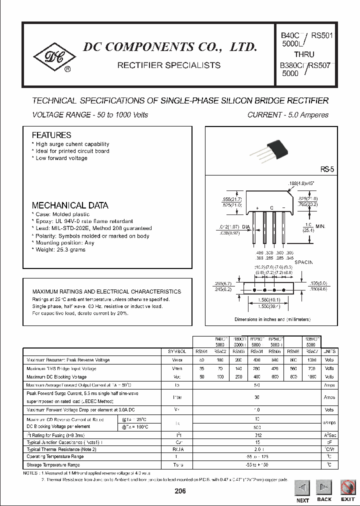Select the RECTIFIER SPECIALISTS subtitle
point(168,65)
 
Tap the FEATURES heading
point(51,135)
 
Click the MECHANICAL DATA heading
point(70,205)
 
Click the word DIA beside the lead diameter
point(245,227)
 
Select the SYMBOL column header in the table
point(177,351)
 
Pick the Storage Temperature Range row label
point(53,464)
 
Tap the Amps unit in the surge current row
point(329,397)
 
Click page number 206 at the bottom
point(179,491)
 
